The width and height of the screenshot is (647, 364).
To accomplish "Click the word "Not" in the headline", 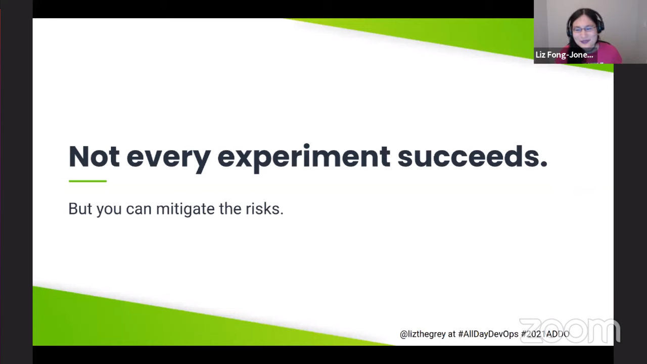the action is pyautogui.click(x=94, y=156).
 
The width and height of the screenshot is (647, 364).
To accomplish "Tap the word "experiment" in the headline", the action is pyautogui.click(x=304, y=159).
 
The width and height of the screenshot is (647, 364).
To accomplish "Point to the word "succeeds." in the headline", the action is pyautogui.click(x=472, y=156).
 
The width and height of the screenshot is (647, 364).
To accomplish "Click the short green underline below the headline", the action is pyautogui.click(x=87, y=181).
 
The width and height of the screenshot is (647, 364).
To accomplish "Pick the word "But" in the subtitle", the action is pyautogui.click(x=80, y=209).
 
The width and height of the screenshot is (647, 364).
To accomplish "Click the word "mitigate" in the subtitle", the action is pyautogui.click(x=186, y=209).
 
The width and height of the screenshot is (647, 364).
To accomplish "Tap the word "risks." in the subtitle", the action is pyautogui.click(x=264, y=209).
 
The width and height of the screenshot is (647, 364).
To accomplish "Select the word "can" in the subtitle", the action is pyautogui.click(x=138, y=210).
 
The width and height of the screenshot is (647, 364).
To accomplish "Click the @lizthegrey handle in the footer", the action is pyautogui.click(x=423, y=334).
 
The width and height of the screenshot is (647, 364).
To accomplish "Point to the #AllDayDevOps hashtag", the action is pyautogui.click(x=488, y=334).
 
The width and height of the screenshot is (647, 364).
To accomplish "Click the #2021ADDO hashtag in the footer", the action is pyautogui.click(x=545, y=334).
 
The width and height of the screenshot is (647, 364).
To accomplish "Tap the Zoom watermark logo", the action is pyautogui.click(x=570, y=331).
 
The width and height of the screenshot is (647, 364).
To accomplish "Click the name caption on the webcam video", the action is pyautogui.click(x=564, y=55).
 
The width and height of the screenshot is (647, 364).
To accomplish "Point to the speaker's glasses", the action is pyautogui.click(x=583, y=29).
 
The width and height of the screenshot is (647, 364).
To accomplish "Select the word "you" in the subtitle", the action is pyautogui.click(x=109, y=210).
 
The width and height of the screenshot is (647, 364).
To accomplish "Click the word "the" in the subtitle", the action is pyautogui.click(x=230, y=209).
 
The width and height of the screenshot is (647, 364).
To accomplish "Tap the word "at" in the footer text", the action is pyautogui.click(x=452, y=334).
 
